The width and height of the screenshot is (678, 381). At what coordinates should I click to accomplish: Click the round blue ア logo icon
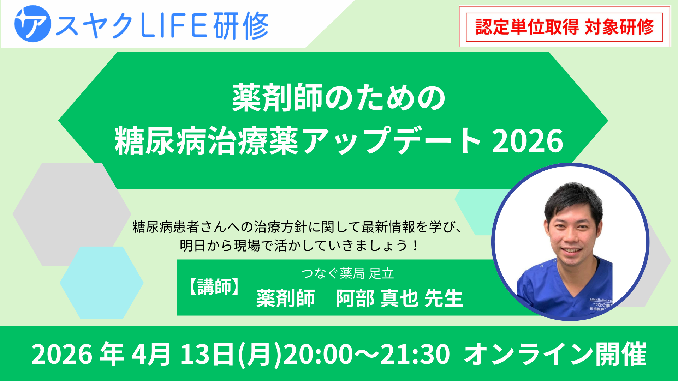[32, 24]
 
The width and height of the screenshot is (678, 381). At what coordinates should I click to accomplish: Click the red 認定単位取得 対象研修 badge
[564, 27]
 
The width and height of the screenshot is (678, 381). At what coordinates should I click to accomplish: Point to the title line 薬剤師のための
[339, 98]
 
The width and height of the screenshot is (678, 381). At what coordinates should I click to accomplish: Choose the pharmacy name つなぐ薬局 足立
[347, 273]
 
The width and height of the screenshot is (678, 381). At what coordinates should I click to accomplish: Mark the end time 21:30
[415, 354]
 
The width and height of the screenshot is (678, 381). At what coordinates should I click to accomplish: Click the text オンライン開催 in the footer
[555, 354]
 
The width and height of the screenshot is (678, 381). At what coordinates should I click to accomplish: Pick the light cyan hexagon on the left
[102, 283]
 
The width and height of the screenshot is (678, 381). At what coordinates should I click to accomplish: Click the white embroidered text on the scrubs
[600, 304]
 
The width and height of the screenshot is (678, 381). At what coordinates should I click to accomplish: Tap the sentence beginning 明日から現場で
[299, 246]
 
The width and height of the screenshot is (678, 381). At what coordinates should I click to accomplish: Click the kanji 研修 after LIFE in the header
[241, 25]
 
